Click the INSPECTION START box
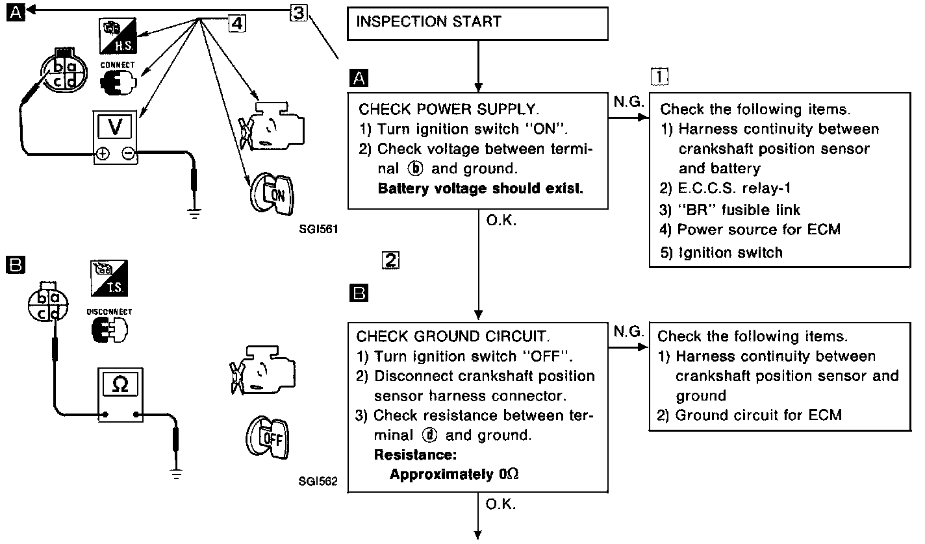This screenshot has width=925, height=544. [478, 25]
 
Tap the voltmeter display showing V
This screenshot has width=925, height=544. [116, 127]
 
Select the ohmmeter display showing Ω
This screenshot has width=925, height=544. [120, 384]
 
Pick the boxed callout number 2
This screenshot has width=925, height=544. [389, 261]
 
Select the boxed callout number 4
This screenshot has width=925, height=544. [238, 23]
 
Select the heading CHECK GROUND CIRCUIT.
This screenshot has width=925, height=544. [453, 336]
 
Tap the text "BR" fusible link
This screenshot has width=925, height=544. [731, 210]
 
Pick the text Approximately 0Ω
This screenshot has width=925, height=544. [454, 474]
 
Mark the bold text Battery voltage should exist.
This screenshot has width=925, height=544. [481, 189]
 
